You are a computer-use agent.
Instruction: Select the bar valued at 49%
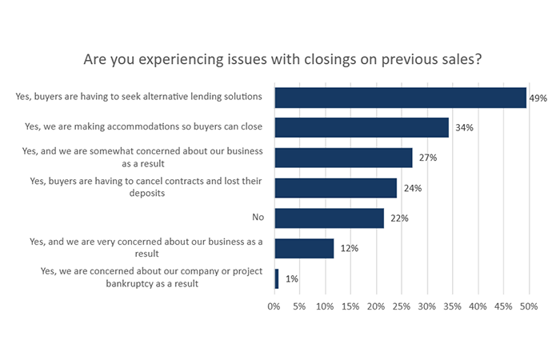[x=400, y=98]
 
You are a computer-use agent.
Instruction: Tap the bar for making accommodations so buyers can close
[x=362, y=127]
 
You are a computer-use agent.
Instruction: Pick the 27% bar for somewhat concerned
[x=343, y=158]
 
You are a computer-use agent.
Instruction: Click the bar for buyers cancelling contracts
[x=336, y=188]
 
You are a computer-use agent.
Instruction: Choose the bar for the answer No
[x=330, y=218]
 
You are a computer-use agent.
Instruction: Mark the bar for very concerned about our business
[x=304, y=248]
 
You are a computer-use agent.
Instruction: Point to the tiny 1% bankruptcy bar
[x=277, y=278]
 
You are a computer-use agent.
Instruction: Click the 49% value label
[x=538, y=98]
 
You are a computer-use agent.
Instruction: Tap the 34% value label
[x=461, y=128]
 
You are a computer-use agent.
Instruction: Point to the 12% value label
[x=349, y=249]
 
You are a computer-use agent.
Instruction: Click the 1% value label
[x=291, y=279]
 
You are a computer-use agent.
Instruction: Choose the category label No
[x=258, y=218]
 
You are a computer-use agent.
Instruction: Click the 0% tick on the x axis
[x=274, y=306]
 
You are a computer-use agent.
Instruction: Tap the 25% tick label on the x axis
[x=402, y=306]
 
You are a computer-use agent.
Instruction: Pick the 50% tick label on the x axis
[x=529, y=306]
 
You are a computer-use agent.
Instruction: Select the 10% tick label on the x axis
[x=325, y=306]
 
